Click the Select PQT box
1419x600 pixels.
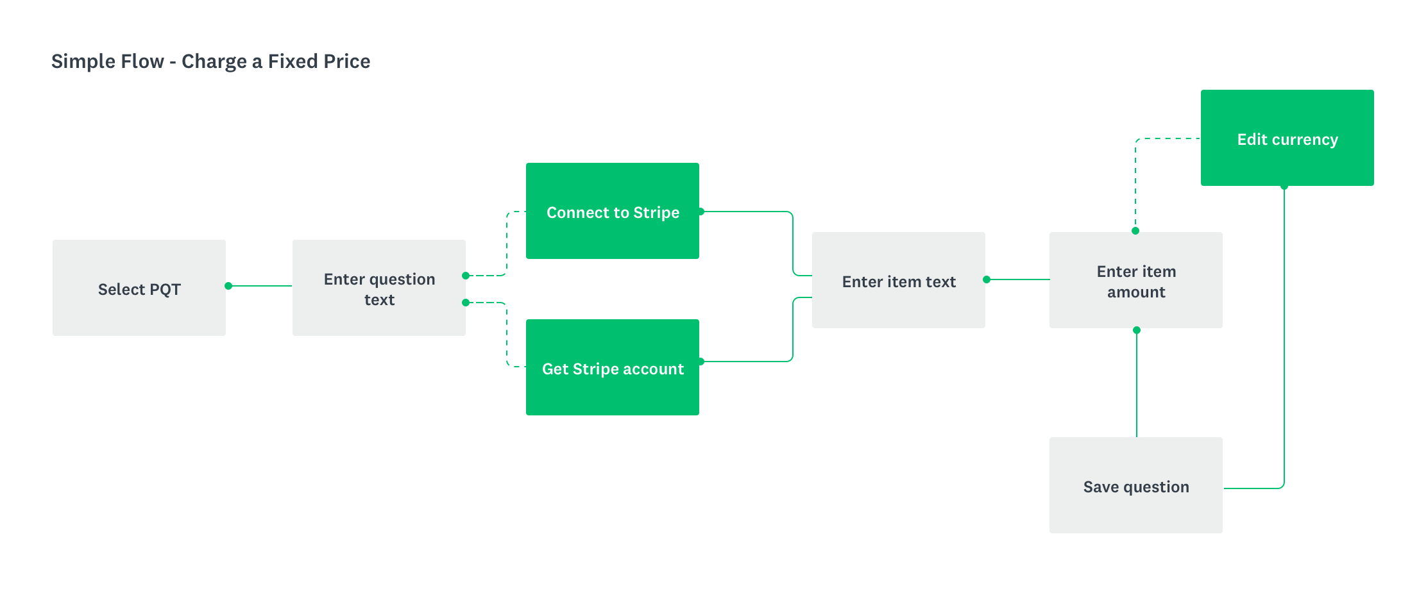(x=139, y=288)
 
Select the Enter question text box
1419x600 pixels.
(x=379, y=288)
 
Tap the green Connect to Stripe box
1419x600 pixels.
(x=613, y=211)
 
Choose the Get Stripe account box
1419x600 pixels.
(x=613, y=367)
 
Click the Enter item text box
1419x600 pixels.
(x=899, y=280)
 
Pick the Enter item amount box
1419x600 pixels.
(x=1136, y=280)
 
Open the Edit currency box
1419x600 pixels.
(x=1287, y=138)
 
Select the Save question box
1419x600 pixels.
(x=1136, y=485)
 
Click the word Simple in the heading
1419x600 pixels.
(x=75, y=62)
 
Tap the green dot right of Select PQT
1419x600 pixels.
(x=228, y=286)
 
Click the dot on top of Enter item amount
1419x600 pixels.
(x=1135, y=231)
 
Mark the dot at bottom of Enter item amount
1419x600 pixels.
(x=1137, y=330)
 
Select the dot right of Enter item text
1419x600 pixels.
(x=987, y=279)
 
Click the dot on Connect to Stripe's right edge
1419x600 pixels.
(x=701, y=212)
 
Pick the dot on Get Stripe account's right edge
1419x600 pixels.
(x=701, y=362)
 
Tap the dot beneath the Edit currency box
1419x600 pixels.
(x=1284, y=187)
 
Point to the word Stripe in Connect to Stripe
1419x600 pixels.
(x=656, y=213)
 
